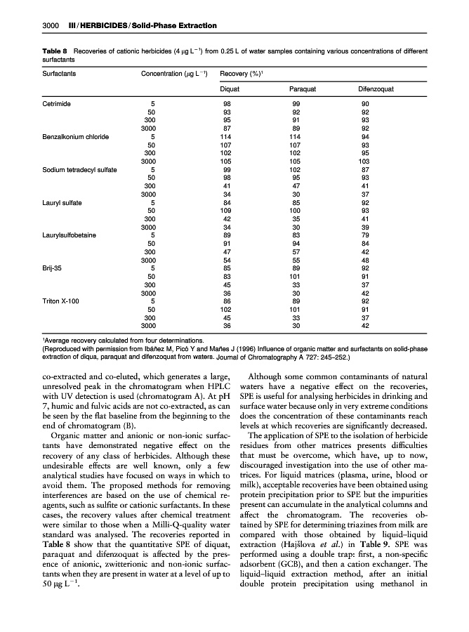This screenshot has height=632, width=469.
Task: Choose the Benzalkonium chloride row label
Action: [x=75, y=137]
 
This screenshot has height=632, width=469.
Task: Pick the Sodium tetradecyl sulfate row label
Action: [x=79, y=170]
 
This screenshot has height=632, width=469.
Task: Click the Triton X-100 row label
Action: [x=61, y=301]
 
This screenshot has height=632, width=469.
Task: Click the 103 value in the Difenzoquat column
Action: [x=364, y=162]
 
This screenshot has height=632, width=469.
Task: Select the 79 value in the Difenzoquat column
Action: [x=364, y=235]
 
